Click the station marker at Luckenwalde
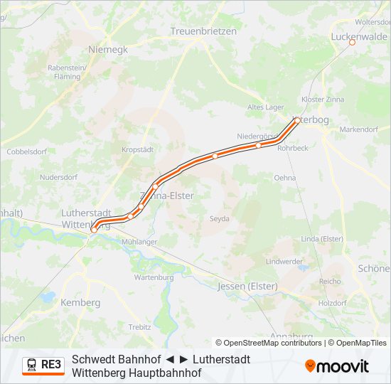pyautogui.click(x=351, y=43)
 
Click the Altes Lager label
pyautogui.click(x=264, y=107)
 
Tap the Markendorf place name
pyautogui.click(x=359, y=129)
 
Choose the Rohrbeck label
pyautogui.click(x=293, y=148)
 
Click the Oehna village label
pyautogui.click(x=284, y=178)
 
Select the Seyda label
pyautogui.click(x=219, y=219)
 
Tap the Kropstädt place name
pyautogui.click(x=137, y=149)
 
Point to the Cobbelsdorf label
pyautogui.click(x=26, y=151)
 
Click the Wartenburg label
pyautogui.click(x=154, y=277)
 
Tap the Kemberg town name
pyautogui.click(x=81, y=302)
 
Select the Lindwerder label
pyautogui.click(x=284, y=262)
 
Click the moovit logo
pyautogui.click(x=337, y=366)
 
